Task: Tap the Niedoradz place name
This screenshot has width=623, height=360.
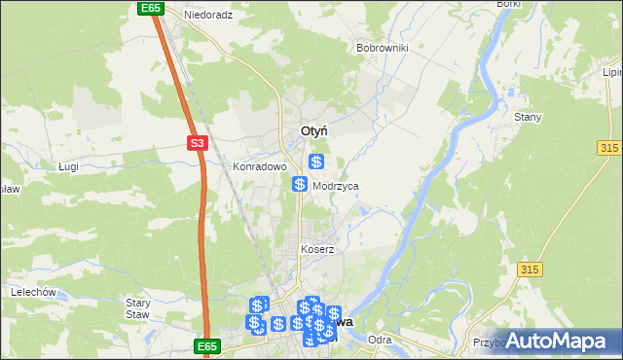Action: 209,16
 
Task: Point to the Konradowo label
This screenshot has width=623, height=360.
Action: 259,166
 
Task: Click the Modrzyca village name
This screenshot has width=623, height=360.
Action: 335,185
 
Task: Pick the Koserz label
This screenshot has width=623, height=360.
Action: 317,249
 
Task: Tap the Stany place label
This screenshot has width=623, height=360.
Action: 528,117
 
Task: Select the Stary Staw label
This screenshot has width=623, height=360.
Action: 138,307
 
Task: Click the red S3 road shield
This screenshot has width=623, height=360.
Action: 198,143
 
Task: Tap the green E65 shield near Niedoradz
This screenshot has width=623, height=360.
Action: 149,8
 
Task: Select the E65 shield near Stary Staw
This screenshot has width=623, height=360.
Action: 205,345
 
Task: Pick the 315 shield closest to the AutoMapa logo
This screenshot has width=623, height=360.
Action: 530,269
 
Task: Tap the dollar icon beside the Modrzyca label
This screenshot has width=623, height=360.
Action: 300,184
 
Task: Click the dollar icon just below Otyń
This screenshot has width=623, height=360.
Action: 316,162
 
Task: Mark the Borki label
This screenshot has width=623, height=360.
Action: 508,4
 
